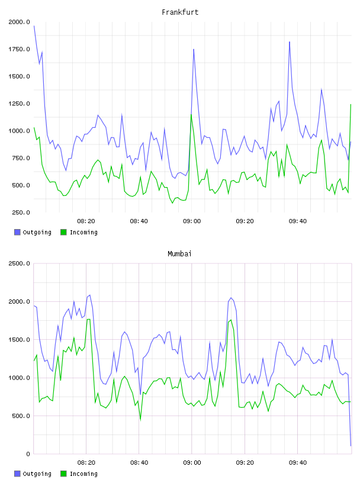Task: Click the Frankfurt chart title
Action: coord(180,12)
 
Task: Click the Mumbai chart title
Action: coord(179,254)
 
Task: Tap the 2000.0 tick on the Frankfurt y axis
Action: coord(19,22)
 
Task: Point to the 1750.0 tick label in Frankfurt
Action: coord(19,49)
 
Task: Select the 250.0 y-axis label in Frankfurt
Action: coord(21,212)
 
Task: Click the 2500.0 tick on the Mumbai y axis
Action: coord(19,263)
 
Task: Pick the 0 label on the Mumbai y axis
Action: coord(28,454)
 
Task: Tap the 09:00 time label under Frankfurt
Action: coord(192,221)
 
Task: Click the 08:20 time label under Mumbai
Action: coord(86,463)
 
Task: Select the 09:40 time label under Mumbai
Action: coord(298,463)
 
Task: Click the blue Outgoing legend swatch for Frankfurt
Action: coord(17,232)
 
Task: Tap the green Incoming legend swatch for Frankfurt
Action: coord(63,232)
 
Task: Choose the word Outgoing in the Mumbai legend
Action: coord(37,474)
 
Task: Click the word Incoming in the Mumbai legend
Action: coord(83,474)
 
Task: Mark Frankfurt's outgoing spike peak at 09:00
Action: coord(194,49)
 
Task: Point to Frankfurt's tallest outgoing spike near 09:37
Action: coord(290,41)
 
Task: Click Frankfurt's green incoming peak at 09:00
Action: coord(191,115)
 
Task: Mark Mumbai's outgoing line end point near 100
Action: coord(351,446)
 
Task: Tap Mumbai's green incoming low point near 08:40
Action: coord(140,420)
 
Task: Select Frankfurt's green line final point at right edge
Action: coord(351,104)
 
